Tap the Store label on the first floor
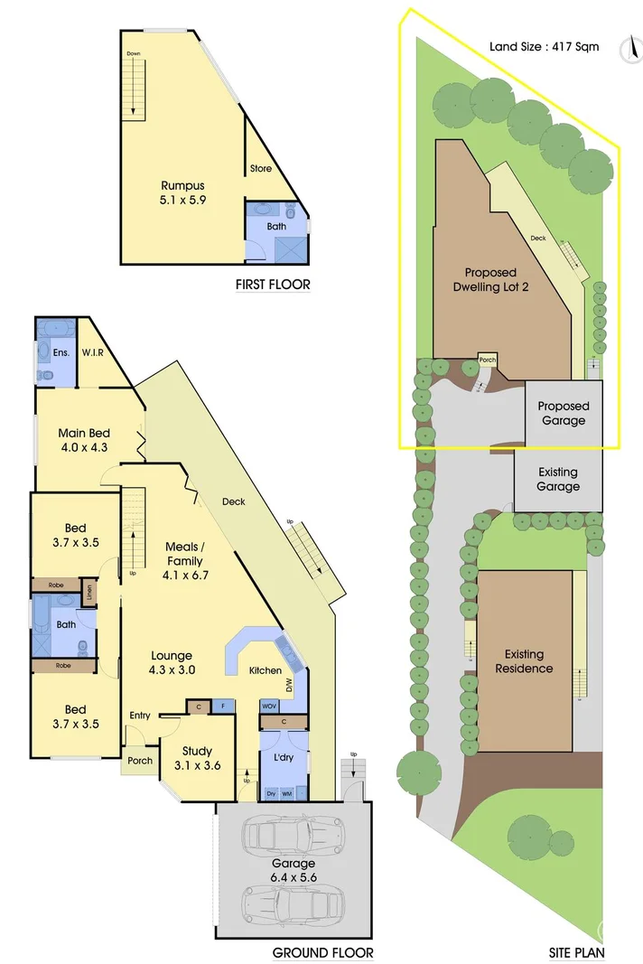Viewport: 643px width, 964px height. (x=260, y=169)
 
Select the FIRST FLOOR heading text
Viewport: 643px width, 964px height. (x=273, y=285)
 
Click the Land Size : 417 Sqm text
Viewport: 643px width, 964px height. (x=531, y=46)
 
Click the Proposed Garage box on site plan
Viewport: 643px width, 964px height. (x=564, y=414)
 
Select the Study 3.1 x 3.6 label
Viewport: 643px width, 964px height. (x=197, y=758)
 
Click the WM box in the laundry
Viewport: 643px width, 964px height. (x=287, y=793)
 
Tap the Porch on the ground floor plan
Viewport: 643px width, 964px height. (x=139, y=761)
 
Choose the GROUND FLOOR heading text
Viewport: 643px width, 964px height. (x=322, y=952)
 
